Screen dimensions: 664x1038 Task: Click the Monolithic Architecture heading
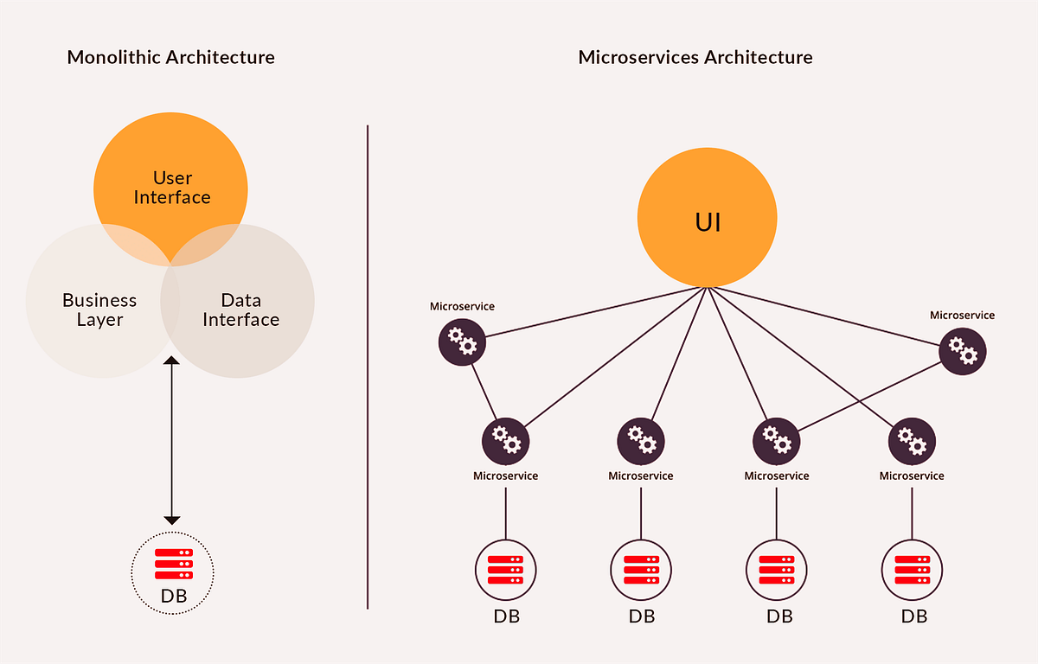click(171, 58)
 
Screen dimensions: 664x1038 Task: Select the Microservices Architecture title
click(695, 58)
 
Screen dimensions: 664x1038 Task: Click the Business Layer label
click(99, 310)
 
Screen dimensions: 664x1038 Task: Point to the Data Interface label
click(240, 310)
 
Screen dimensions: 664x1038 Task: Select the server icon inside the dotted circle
click(173, 564)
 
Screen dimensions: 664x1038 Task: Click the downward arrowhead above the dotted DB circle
click(172, 520)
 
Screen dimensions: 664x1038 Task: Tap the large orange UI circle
click(708, 222)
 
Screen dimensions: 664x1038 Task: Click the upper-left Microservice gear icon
click(462, 342)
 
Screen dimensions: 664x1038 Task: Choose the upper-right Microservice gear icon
click(963, 351)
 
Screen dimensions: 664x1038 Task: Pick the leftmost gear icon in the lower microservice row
click(505, 440)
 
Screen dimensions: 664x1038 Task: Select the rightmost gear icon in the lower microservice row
click(912, 440)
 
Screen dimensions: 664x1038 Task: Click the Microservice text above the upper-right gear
click(962, 316)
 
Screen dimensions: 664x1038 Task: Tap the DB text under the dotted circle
click(173, 597)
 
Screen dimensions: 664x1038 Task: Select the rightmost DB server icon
click(912, 570)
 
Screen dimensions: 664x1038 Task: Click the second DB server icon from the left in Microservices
click(641, 570)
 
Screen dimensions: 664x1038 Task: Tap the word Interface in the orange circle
click(172, 197)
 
